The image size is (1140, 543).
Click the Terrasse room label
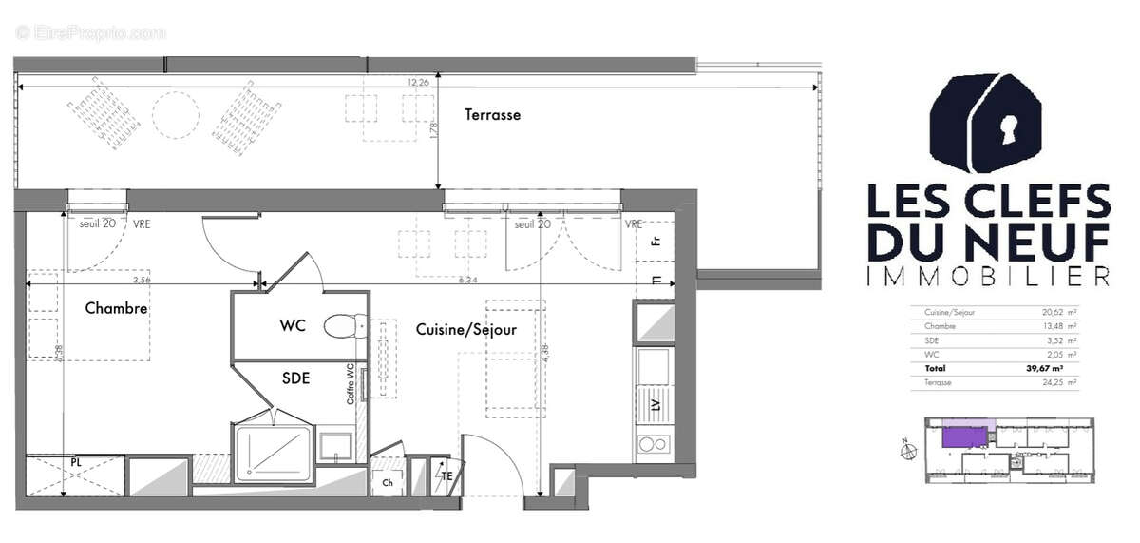pos(492,115)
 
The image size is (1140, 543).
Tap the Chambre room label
pos(116,308)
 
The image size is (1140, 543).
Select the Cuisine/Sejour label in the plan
pos(465,330)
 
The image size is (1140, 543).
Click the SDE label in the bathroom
pos(295,378)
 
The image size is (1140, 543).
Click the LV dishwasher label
pos(655,403)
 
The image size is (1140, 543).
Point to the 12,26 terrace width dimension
pos(418,83)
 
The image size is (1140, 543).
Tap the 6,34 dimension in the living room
pos(469,281)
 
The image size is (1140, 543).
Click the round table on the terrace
pos(176,115)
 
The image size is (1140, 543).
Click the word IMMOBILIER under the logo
pos(988,276)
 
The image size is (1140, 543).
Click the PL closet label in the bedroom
pos(75,462)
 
